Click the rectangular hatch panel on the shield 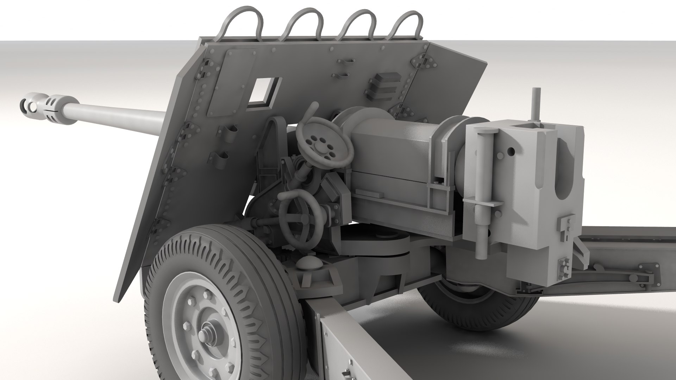click(x=229, y=83)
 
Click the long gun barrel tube click(x=116, y=120)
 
